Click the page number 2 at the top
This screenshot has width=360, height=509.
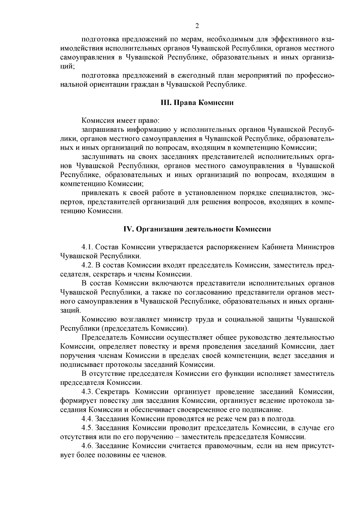pyautogui.click(x=197, y=26)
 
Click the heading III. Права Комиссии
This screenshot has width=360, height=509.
pyautogui.click(x=197, y=103)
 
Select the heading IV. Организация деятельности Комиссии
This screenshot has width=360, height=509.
pyautogui.click(x=197, y=229)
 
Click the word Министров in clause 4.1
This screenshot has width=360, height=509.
pyautogui.click(x=315, y=247)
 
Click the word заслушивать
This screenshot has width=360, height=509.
pyautogui.click(x=102, y=157)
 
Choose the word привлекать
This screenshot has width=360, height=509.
pyautogui.click(x=100, y=193)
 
